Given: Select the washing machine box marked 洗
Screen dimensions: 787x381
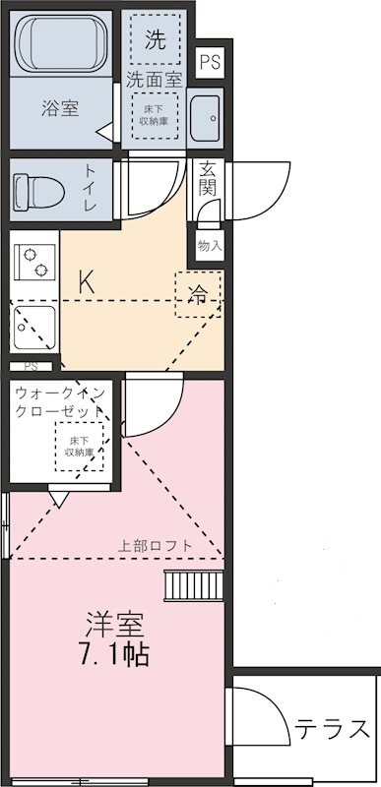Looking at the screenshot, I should [156, 40].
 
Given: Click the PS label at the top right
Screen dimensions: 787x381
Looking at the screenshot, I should [210, 62].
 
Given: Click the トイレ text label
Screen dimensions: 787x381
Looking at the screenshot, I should [91, 187].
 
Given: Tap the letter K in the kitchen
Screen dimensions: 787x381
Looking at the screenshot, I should [87, 280].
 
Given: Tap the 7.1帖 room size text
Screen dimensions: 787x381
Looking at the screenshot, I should [116, 654].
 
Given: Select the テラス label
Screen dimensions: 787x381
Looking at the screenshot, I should [332, 729].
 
